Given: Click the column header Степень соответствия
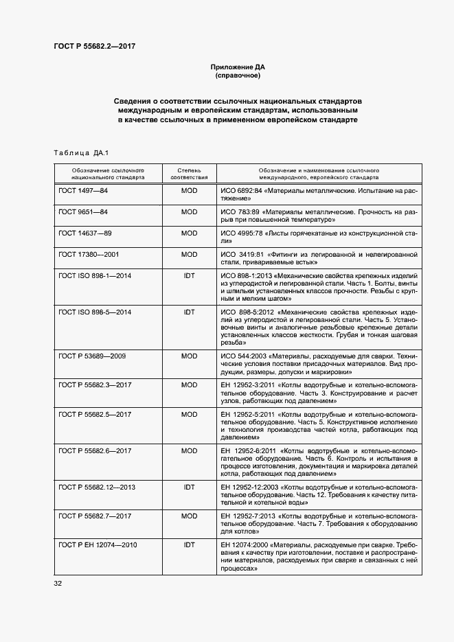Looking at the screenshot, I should [189, 172].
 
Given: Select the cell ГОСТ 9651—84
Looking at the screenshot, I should [84, 212].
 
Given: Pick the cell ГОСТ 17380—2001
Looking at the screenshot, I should [89, 255].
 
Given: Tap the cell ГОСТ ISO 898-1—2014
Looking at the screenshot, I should [95, 275].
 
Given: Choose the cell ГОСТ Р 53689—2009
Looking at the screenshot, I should [93, 356].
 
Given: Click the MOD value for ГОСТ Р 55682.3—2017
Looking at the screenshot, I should [189, 385].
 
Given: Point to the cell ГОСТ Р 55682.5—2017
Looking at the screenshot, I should [95, 414].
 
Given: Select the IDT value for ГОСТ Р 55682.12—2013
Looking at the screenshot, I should [189, 486].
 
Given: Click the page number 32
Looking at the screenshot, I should [58, 584].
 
